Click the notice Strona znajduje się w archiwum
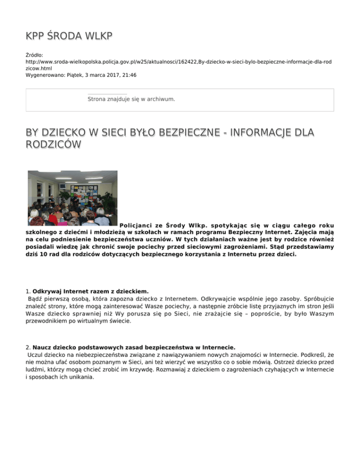pos(131,99)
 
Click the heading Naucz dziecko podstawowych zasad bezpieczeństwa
pos(134,347)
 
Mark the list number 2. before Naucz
pos(29,347)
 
